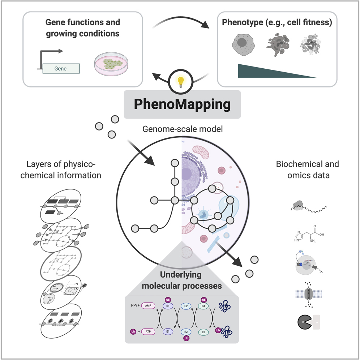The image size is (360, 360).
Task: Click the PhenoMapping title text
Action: pyautogui.click(x=182, y=104)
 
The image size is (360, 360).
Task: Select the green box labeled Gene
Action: pyautogui.click(x=61, y=68)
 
